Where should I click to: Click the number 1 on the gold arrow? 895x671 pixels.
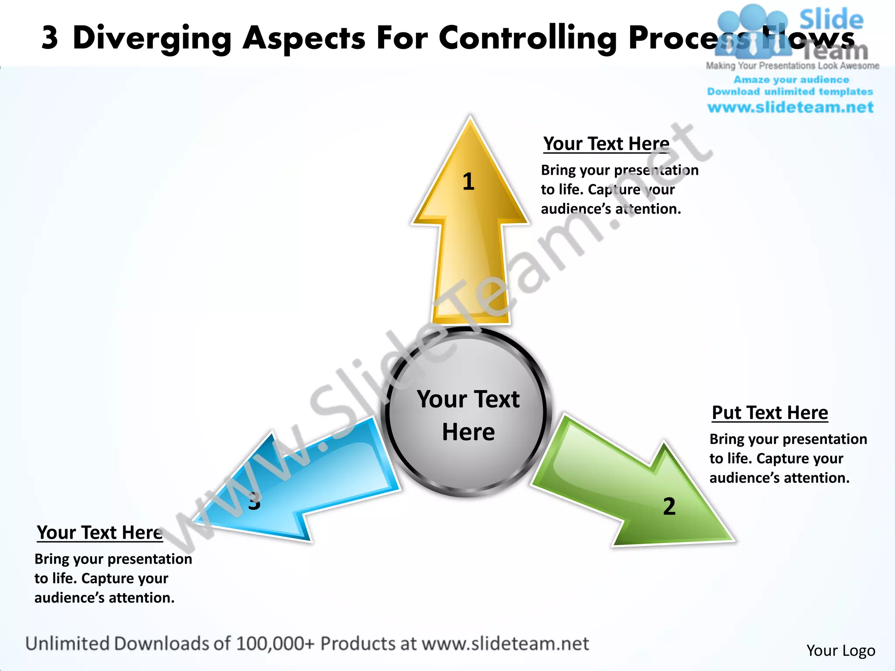point(468,181)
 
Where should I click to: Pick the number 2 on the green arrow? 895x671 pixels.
point(669,507)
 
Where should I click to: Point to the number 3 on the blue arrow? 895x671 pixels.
point(254,501)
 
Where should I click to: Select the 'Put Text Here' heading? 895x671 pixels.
point(770,413)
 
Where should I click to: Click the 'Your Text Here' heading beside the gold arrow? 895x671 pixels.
point(606,144)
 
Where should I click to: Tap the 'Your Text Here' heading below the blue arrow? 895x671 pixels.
point(100,533)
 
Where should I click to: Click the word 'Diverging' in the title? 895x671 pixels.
point(152,38)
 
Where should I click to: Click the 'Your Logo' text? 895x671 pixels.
point(840,650)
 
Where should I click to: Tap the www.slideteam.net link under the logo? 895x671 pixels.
point(790,107)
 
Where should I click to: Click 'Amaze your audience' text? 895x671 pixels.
point(791,80)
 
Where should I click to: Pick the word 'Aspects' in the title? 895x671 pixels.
point(304,38)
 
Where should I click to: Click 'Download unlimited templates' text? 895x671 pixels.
point(790,92)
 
